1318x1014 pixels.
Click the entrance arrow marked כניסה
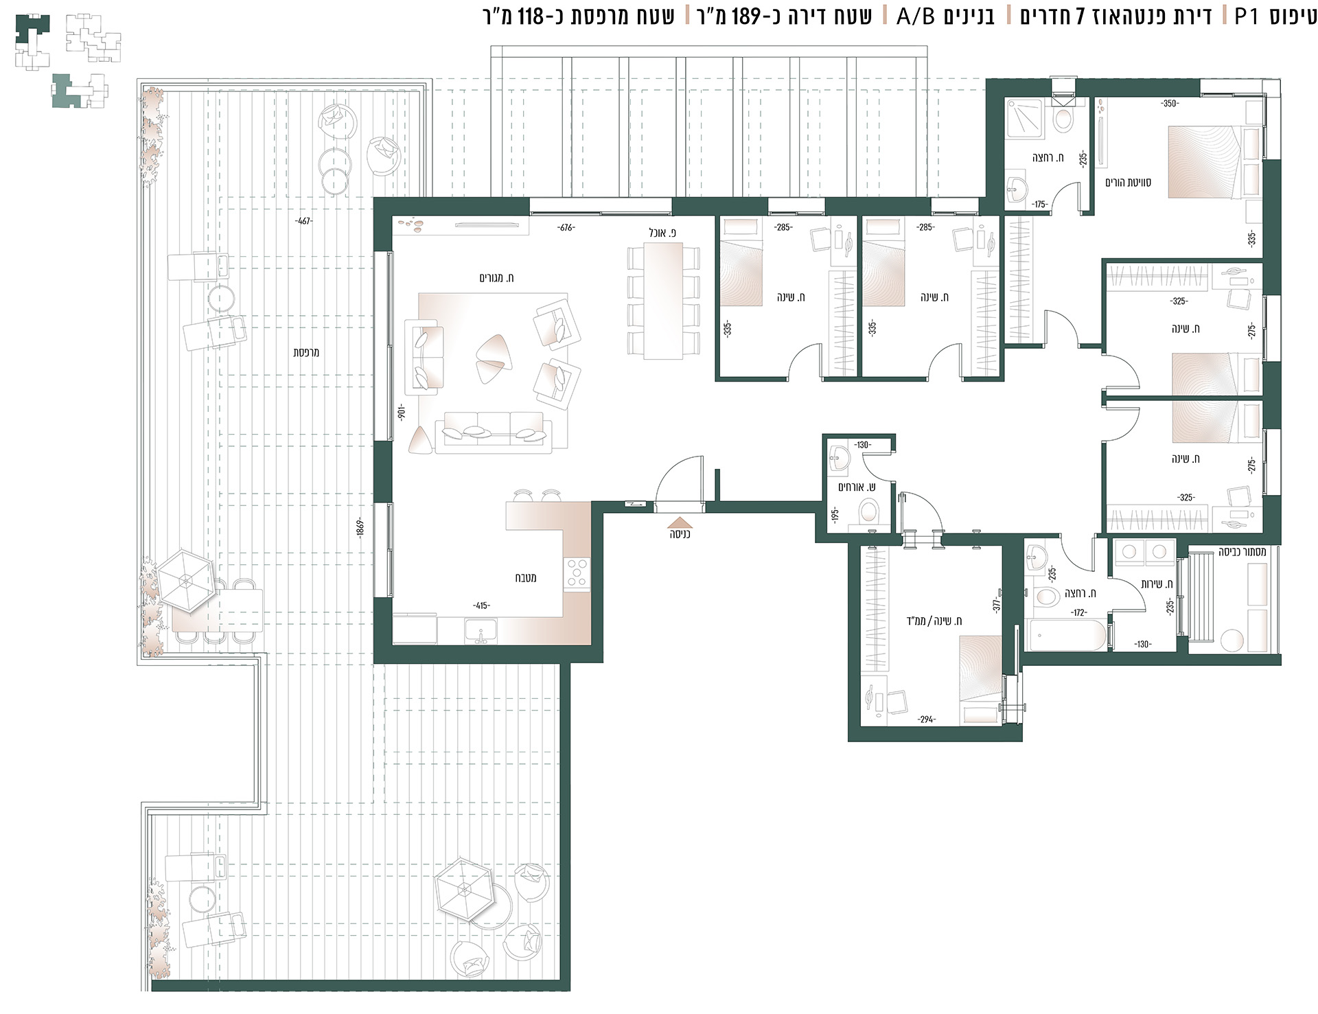click(680, 521)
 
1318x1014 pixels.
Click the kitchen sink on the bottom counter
click(481, 630)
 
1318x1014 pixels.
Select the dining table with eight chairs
click(663, 301)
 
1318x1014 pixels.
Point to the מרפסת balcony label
click(306, 352)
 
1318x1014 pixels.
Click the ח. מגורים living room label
click(496, 278)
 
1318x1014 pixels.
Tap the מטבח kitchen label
click(526, 578)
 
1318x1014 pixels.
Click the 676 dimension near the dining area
click(566, 228)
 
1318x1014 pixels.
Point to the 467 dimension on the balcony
click(303, 221)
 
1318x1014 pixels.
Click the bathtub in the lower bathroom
click(1065, 635)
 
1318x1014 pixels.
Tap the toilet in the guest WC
click(868, 513)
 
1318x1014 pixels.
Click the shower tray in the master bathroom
click(1024, 119)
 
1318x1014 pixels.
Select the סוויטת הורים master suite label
click(1128, 183)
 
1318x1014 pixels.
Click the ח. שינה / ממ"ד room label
click(934, 621)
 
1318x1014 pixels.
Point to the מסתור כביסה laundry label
click(1242, 552)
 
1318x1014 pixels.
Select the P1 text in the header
click(1246, 16)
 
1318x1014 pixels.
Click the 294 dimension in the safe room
click(926, 719)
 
